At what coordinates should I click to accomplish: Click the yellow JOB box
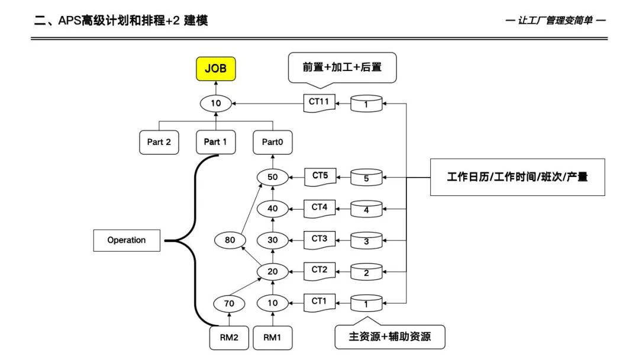(x=215, y=69)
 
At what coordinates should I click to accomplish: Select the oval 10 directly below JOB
(x=216, y=104)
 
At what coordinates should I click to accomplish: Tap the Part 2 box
(x=159, y=142)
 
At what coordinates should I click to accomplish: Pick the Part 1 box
(x=215, y=142)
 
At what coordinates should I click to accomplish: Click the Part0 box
(x=273, y=142)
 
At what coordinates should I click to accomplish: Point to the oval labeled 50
(x=272, y=177)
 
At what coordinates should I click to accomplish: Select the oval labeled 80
(x=230, y=240)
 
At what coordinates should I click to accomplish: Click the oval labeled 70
(x=230, y=303)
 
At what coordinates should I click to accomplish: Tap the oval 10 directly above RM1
(x=272, y=303)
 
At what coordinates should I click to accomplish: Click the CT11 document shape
(x=318, y=102)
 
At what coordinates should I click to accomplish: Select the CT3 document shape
(x=319, y=239)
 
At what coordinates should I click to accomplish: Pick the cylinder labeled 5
(x=366, y=177)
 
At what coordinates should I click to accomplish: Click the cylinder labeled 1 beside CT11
(x=366, y=104)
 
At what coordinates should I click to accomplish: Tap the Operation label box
(x=127, y=240)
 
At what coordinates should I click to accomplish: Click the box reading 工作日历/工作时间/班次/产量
(x=517, y=177)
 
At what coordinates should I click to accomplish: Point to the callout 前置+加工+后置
(x=342, y=67)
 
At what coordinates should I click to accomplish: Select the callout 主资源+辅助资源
(x=389, y=337)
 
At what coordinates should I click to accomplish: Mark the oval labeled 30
(x=272, y=240)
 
